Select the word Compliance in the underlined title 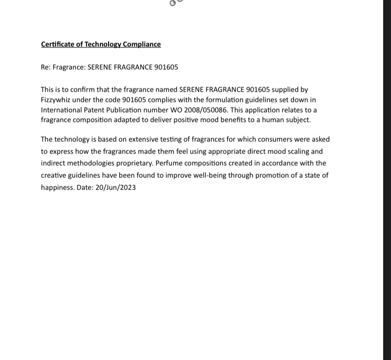coord(142,44)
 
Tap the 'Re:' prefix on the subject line coord(46,67)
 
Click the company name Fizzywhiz coord(56,100)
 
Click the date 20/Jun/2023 coord(115,188)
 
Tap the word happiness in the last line coord(57,188)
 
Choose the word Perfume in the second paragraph coord(169,163)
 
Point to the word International coord(61,110)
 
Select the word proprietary coord(134,163)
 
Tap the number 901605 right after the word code coord(134,100)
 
